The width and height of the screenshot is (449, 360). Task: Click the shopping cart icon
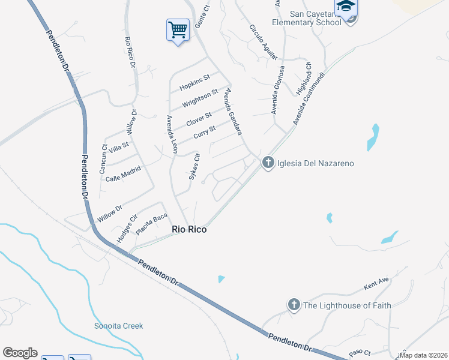coord(178,29)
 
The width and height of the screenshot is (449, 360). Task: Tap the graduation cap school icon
coord(346,7)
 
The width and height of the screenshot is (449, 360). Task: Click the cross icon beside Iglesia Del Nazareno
coord(268,163)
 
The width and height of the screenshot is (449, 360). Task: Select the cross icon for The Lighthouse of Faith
coord(294,305)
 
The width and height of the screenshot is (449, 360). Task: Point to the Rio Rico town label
coord(190,229)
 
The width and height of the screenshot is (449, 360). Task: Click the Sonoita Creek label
coord(119,326)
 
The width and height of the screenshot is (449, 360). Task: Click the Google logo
coord(20,353)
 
